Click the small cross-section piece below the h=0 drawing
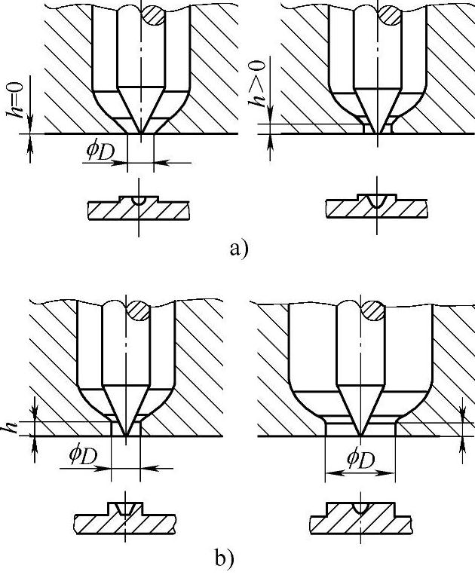pos(138,207)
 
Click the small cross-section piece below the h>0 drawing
pos(376,207)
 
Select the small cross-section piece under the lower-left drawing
pos(125,517)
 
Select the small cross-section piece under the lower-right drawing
pos(361,517)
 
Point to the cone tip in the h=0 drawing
pos(139,131)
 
